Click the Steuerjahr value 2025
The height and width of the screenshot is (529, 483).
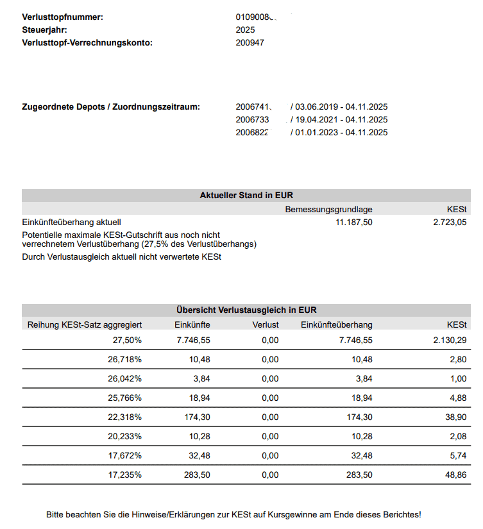click(x=246, y=29)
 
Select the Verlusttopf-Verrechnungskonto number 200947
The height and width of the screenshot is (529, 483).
click(x=250, y=43)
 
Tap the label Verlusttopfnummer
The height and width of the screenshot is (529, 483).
click(x=62, y=17)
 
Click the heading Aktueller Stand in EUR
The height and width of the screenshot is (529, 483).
click(x=246, y=196)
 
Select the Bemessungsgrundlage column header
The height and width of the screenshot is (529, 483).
click(x=328, y=209)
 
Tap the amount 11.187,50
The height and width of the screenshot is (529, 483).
click(x=353, y=222)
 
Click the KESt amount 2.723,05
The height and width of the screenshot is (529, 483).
click(x=450, y=222)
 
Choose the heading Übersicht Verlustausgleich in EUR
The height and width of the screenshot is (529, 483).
click(x=246, y=310)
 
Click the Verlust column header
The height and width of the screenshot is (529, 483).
click(x=266, y=324)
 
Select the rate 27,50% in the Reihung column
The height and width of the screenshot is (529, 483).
click(x=127, y=340)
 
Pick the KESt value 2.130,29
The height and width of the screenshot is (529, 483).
click(x=450, y=340)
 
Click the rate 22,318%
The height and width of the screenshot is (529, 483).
click(x=124, y=417)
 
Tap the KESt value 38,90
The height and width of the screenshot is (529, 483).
click(x=456, y=417)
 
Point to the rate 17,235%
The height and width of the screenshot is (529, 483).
click(x=124, y=474)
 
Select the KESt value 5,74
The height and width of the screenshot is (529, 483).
click(x=458, y=455)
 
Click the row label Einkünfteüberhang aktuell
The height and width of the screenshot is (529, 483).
click(x=71, y=222)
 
